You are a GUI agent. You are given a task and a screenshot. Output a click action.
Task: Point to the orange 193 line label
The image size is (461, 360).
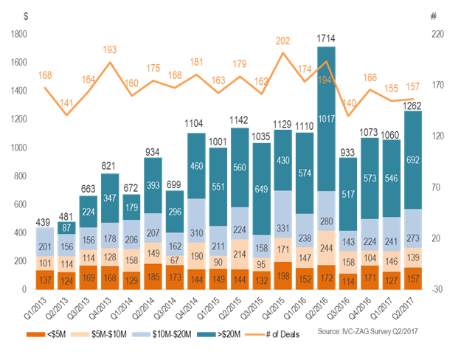tap(110, 50)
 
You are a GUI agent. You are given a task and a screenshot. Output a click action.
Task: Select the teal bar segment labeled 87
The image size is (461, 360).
tap(66, 228)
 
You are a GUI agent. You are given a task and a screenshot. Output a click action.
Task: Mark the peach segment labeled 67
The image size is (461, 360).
tap(174, 260)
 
